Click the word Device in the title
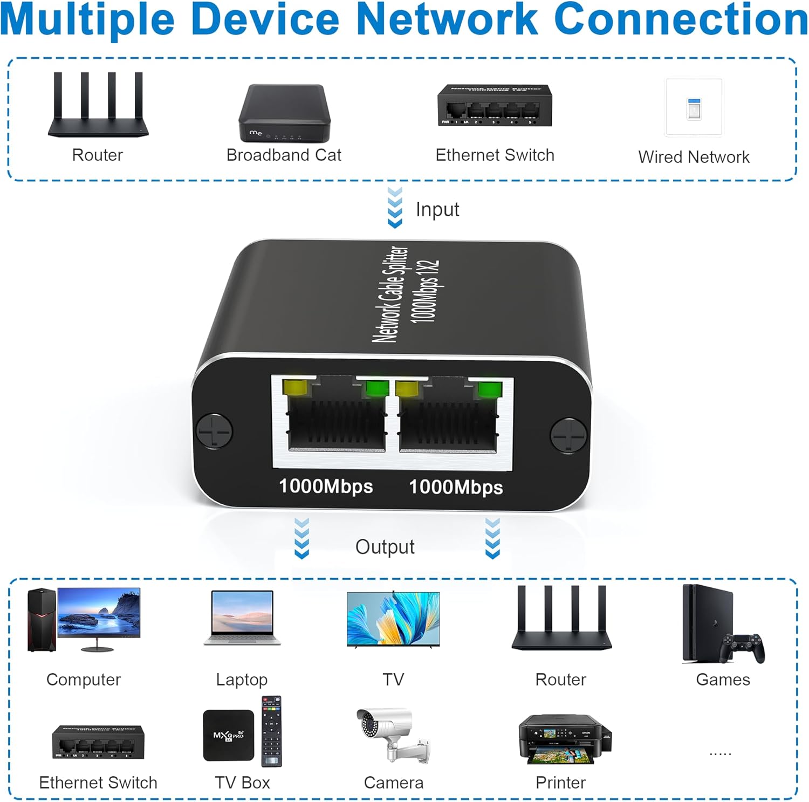[x=265, y=19]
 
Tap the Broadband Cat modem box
[x=284, y=112]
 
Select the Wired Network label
[x=694, y=157]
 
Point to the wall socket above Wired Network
[x=694, y=108]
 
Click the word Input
[x=437, y=209]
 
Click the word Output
[x=385, y=547]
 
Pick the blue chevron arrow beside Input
[x=395, y=208]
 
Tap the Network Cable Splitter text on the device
[x=390, y=294]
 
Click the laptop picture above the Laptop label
[x=242, y=617]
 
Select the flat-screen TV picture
[x=393, y=619]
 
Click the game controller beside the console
[x=744, y=647]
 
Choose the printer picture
[x=564, y=739]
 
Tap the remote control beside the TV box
[x=271, y=731]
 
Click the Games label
[x=723, y=680]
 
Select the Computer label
[x=84, y=680]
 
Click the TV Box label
[x=242, y=783]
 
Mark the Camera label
[x=393, y=783]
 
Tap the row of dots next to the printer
[x=720, y=753]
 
